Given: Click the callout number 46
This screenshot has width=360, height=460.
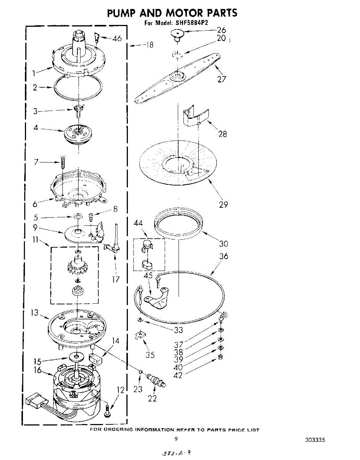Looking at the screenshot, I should [117, 38].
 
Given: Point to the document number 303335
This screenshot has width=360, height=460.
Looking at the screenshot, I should [315, 440].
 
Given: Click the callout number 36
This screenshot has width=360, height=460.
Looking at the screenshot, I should [224, 256].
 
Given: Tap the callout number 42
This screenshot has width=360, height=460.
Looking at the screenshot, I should [178, 375].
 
